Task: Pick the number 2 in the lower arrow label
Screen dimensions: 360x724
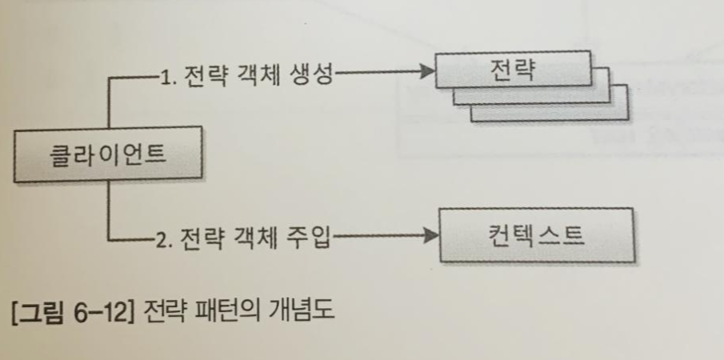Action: point(163,238)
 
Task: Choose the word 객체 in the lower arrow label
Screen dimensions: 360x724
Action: point(254,238)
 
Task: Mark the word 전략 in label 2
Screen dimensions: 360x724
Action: point(201,238)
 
